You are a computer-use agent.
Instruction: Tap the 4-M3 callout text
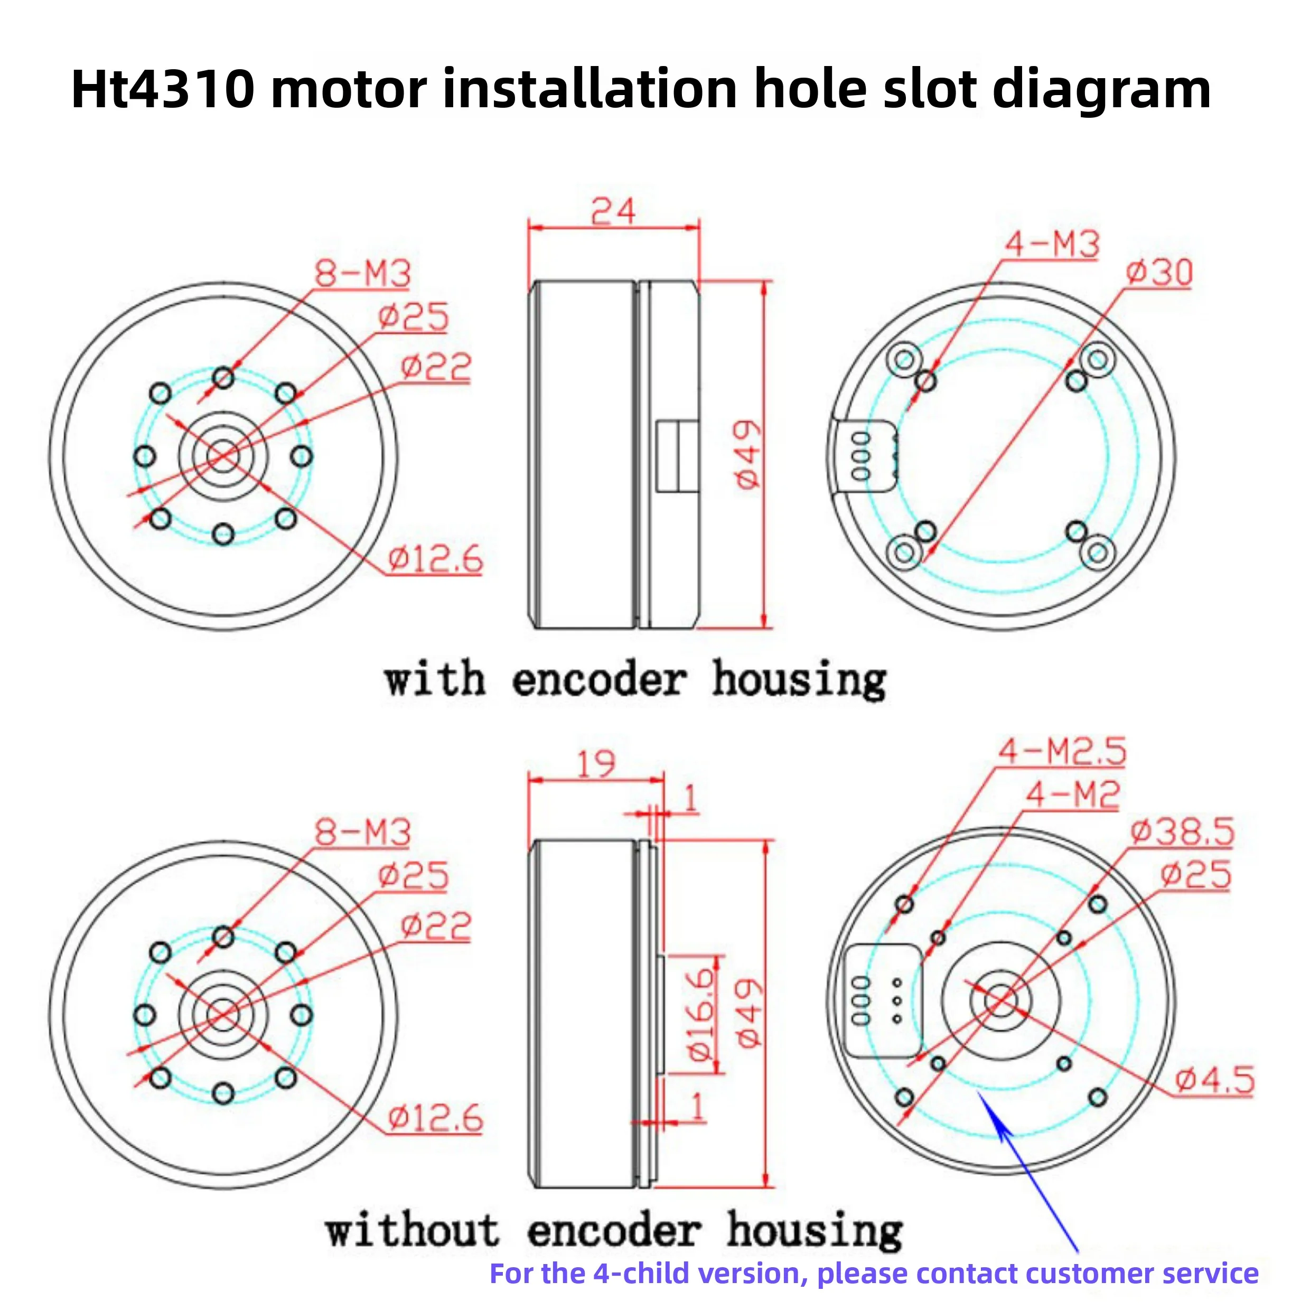click(1052, 244)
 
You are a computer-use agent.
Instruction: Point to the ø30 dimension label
click(1159, 273)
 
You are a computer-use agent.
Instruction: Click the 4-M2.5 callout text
click(1062, 751)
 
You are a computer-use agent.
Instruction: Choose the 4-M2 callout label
click(1072, 794)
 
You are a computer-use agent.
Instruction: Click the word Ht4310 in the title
click(163, 89)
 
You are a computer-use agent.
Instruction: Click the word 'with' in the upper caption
click(435, 679)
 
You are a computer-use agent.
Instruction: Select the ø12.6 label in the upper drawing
click(435, 560)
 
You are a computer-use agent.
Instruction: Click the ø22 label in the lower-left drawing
click(435, 926)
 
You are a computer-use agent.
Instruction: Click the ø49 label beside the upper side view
click(748, 454)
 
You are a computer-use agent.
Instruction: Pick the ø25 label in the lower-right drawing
click(1196, 875)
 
